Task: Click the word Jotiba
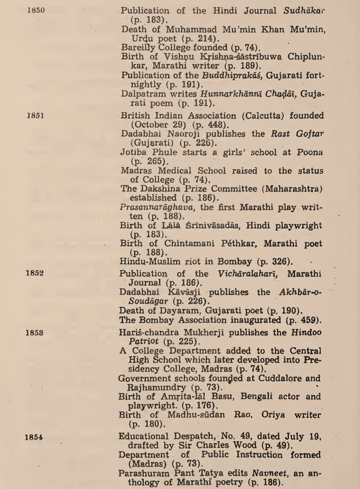tap(134, 152)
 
